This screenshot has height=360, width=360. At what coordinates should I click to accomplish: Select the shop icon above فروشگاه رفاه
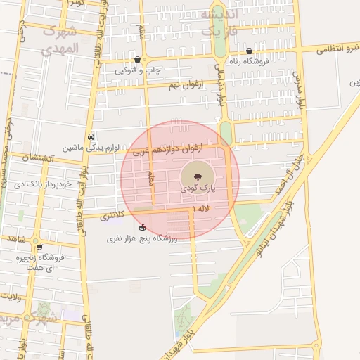[x=250, y=51]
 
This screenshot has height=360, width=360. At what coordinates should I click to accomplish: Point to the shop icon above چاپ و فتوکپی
[x=137, y=60]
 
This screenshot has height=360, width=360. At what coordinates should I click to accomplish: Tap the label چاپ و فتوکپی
[x=139, y=70]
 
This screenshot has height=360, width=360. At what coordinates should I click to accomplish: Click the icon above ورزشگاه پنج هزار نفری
[x=143, y=227]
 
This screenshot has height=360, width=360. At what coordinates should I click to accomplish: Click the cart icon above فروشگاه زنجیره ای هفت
[x=39, y=247]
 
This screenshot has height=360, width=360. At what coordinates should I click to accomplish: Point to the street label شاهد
[x=17, y=239]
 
